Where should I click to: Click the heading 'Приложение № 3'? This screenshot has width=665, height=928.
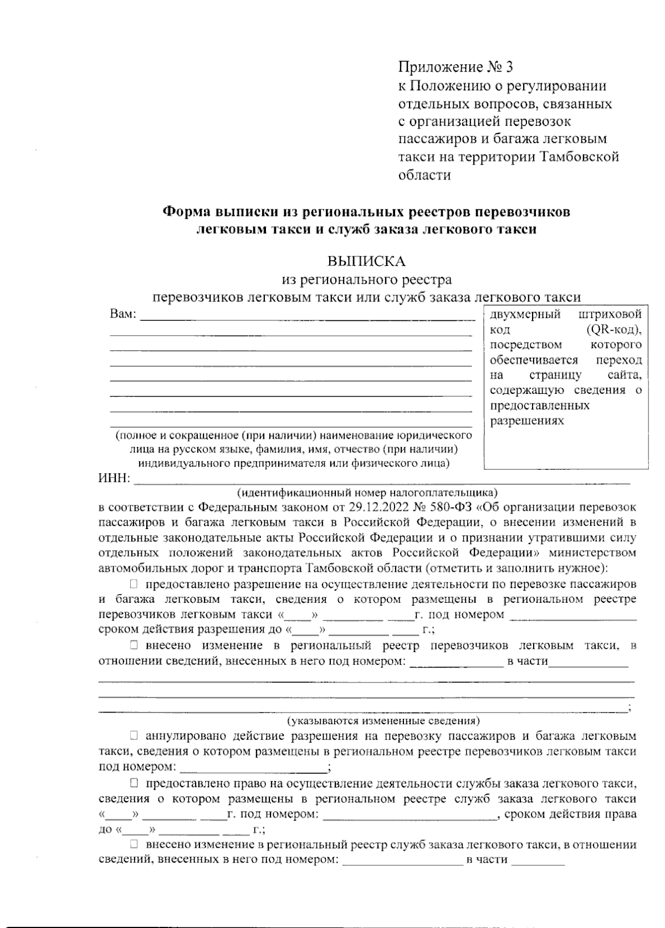click(455, 68)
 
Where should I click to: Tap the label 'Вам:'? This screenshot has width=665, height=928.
click(123, 314)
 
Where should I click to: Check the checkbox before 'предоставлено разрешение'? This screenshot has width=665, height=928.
click(134, 584)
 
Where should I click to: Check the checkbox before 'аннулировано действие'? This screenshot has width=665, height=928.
click(134, 736)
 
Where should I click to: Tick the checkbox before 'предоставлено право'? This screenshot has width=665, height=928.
click(134, 783)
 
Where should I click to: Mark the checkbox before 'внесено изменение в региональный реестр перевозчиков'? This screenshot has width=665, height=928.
click(134, 645)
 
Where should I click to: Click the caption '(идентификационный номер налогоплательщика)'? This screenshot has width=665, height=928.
click(367, 492)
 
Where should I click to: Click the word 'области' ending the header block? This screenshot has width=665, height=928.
click(424, 175)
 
